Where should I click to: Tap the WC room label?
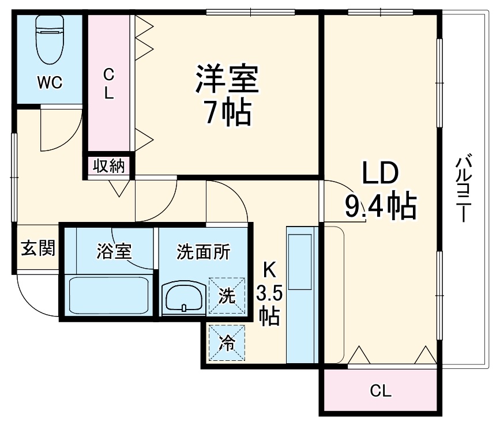tap(50, 82)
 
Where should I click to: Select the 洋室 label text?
tap(225, 80)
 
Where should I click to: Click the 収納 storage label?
tap(110, 167)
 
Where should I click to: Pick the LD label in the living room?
tap(380, 173)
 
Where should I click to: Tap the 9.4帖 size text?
tap(380, 206)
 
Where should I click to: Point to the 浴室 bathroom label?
tap(114, 251)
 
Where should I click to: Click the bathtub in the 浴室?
tap(108, 296)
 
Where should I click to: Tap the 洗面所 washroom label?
tap(203, 251)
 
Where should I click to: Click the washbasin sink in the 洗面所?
tap(182, 297)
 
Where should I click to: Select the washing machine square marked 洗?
tap(227, 296)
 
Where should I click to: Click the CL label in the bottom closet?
tap(380, 391)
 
